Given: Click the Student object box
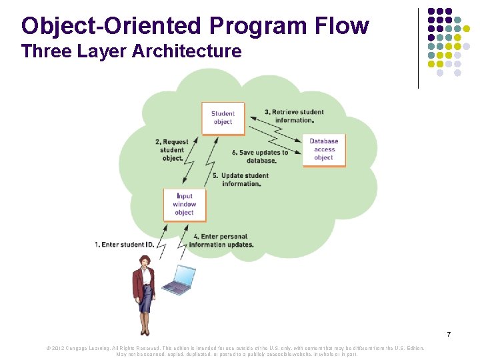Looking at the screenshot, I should [x=223, y=118].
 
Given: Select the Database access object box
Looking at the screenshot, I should [x=323, y=149].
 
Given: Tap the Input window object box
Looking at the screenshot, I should [x=184, y=205].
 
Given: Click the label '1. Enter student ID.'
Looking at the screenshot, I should [x=124, y=245].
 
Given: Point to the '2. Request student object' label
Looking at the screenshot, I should [x=172, y=150].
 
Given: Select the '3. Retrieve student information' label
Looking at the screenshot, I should [x=294, y=116].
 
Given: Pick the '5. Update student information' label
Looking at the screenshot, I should [x=241, y=179].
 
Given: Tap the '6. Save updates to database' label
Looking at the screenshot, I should [x=260, y=157].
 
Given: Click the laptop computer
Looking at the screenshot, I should [x=180, y=281].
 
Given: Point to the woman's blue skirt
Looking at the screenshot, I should [x=145, y=299].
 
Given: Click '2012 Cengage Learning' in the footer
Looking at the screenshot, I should [x=80, y=348].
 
